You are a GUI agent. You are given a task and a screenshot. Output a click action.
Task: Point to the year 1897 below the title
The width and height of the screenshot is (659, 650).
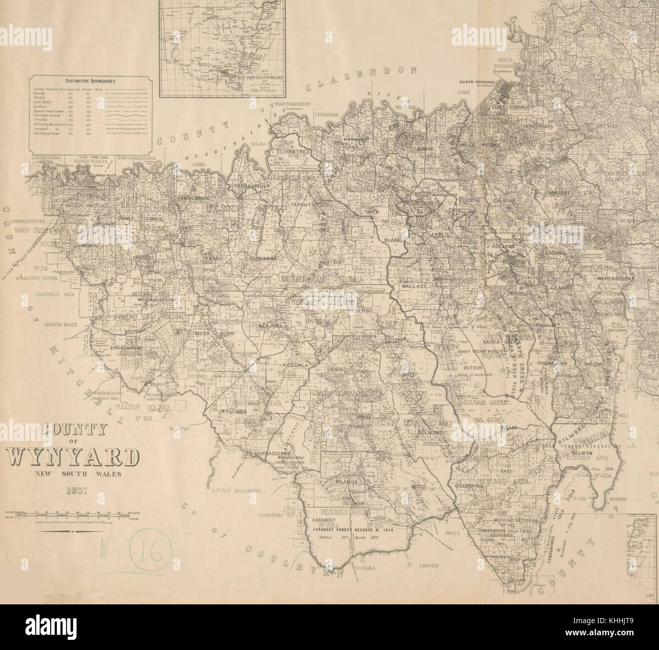[x=74, y=490]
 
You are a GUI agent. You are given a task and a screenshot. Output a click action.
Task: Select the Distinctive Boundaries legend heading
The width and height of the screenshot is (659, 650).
[x=91, y=81]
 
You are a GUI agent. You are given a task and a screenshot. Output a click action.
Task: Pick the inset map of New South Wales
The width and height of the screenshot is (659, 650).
[x=224, y=48]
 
